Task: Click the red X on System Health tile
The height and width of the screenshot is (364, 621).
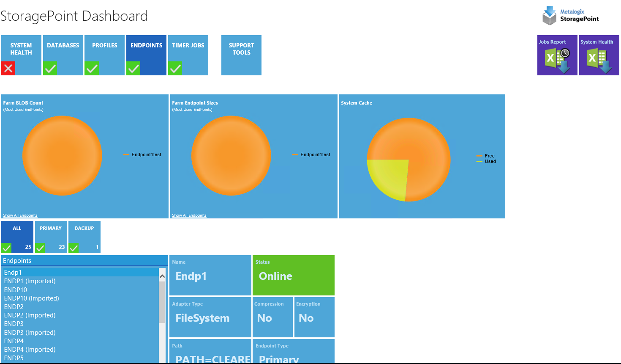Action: [8, 68]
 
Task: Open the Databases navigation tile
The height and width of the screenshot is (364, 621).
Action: [63, 55]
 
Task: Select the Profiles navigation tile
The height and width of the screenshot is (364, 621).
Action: [104, 55]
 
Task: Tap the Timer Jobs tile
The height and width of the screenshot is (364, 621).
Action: [188, 55]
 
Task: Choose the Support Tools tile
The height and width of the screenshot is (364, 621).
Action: [241, 55]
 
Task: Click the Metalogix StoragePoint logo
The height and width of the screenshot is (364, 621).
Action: [570, 15]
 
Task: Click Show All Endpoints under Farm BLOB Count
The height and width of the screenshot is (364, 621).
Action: [20, 215]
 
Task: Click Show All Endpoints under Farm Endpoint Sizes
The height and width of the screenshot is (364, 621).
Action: [189, 215]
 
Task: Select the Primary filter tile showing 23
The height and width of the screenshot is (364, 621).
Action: [51, 237]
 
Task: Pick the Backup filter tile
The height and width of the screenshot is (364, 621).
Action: [84, 237]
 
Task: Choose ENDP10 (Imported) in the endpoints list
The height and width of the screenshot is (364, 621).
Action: [32, 298]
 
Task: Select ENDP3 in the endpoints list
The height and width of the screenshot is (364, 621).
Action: [14, 324]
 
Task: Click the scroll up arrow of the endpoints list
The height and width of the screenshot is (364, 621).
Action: [162, 276]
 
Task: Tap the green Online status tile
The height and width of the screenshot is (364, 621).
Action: [293, 275]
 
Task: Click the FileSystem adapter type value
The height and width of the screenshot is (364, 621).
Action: [203, 318]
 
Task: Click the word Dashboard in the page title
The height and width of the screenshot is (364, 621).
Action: [114, 16]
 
